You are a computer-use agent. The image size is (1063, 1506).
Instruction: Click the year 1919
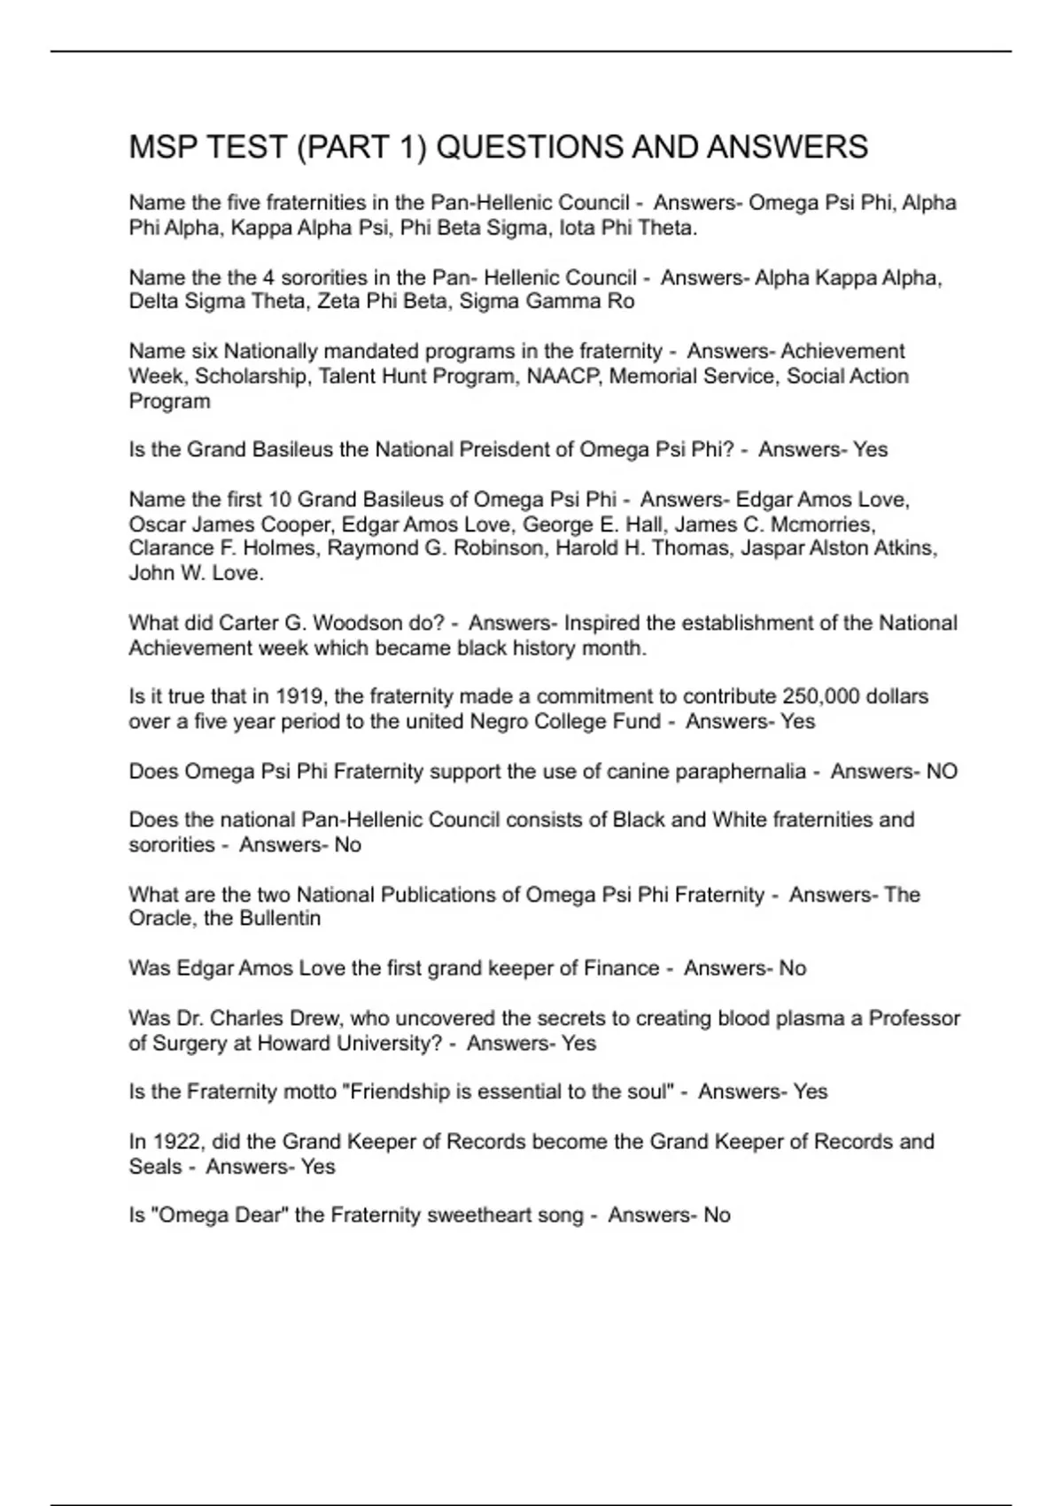(x=300, y=696)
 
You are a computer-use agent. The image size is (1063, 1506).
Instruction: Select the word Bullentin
(x=279, y=919)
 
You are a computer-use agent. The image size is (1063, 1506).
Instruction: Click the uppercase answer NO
(x=942, y=771)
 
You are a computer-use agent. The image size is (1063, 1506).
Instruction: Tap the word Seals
(x=155, y=1166)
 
